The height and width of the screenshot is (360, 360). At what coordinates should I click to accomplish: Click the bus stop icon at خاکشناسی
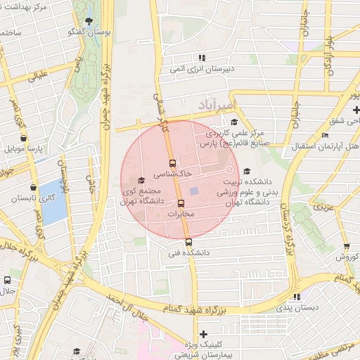pos(173,164)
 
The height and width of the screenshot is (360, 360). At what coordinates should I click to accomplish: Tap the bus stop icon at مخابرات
pos(181,204)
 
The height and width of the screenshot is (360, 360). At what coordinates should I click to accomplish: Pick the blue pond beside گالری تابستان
pos(53,200)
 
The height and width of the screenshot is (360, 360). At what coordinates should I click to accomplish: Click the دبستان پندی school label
pos(297,307)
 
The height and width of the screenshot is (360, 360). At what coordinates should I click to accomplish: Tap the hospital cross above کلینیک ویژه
pos(204,335)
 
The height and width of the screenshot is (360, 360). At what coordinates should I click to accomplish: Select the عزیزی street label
pos(322,207)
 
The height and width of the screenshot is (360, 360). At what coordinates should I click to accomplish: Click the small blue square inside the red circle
pos(194,191)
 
